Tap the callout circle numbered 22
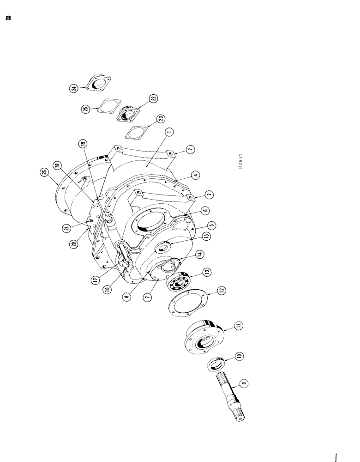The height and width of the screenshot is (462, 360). click(x=153, y=98)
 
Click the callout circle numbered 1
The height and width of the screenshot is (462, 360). click(x=170, y=132)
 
